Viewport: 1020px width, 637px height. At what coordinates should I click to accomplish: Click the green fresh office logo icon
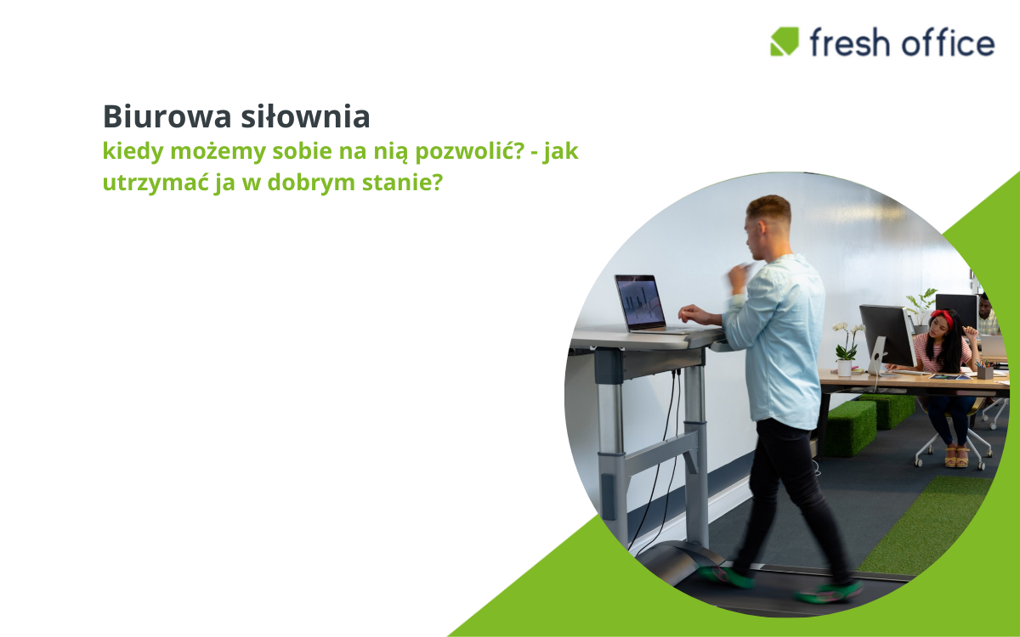tap(784, 42)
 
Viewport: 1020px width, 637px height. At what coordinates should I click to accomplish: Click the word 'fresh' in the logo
tap(850, 42)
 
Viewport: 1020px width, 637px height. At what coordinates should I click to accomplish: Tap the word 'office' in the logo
tap(948, 42)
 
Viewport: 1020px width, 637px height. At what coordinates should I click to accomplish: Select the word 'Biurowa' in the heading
tap(167, 116)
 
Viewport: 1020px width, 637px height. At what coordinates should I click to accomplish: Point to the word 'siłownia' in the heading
tap(305, 116)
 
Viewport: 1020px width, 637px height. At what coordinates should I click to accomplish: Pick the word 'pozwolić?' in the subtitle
tap(470, 151)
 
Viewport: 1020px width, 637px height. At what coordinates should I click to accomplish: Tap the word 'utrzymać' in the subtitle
tap(156, 183)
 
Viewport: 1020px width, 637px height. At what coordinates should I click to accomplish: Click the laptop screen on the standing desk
tap(640, 302)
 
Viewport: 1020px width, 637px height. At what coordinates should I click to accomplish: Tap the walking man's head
tap(768, 228)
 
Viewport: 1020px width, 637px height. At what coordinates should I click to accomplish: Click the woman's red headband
tap(943, 316)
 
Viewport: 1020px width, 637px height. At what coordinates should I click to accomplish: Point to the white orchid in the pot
tap(847, 342)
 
